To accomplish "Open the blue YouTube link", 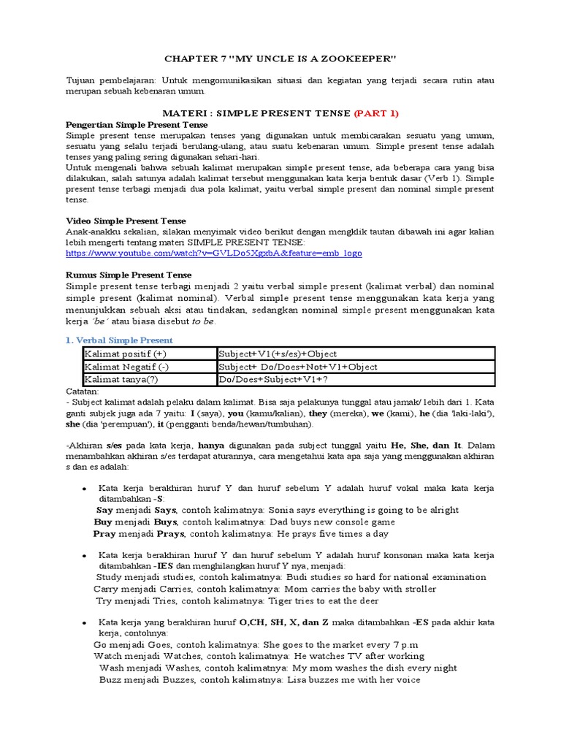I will pyautogui.click(x=213, y=253).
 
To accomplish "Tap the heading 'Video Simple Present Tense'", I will pyautogui.click(x=126, y=221).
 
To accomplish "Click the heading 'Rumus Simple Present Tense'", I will pyautogui.click(x=129, y=275).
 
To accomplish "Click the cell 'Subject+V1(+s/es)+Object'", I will pyautogui.click(x=278, y=354).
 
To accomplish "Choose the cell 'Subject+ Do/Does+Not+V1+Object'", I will pyautogui.click(x=297, y=367).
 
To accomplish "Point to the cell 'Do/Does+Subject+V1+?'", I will pyautogui.click(x=270, y=380).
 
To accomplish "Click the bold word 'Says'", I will pyautogui.click(x=166, y=510).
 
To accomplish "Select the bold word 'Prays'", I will pyautogui.click(x=165, y=534).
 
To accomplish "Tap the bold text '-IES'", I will pyautogui.click(x=165, y=566).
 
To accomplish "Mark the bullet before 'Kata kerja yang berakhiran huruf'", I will pyautogui.click(x=85, y=622).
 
